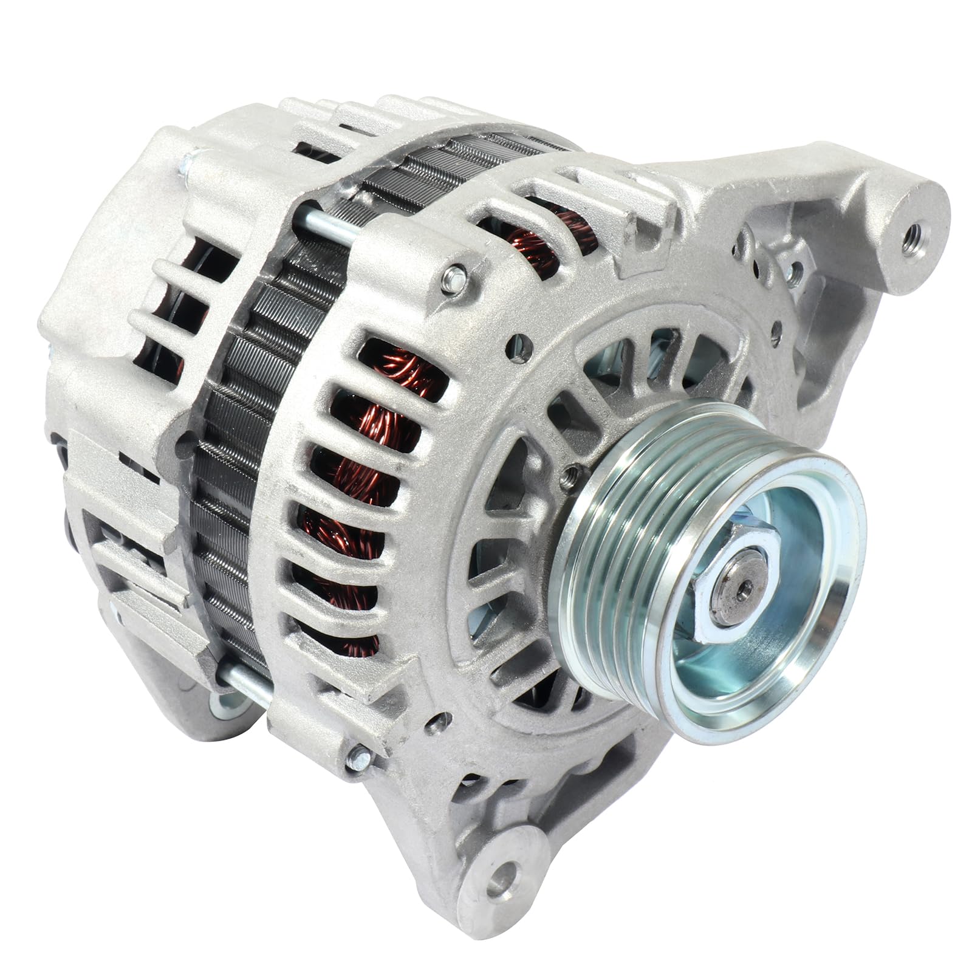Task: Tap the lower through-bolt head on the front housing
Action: [x=357, y=756]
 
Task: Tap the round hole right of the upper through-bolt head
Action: [x=518, y=341]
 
